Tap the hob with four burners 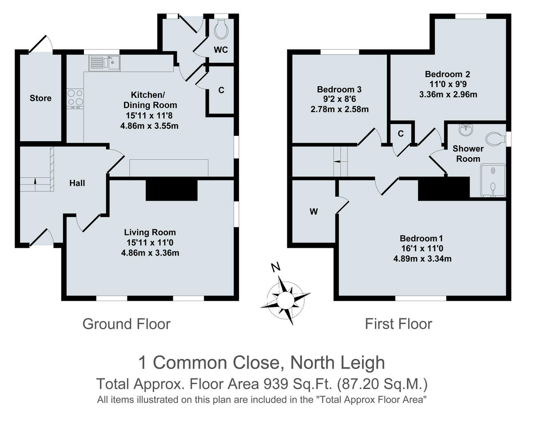(75, 98)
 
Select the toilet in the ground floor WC (221, 29)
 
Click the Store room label (40, 98)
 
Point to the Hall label (77, 183)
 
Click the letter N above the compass (276, 267)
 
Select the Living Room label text (150, 232)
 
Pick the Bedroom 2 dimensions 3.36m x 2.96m (447, 95)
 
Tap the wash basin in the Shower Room (465, 130)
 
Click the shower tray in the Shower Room (493, 180)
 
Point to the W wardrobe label (314, 212)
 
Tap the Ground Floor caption (126, 324)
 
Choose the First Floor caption (398, 324)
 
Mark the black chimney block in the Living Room (171, 189)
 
